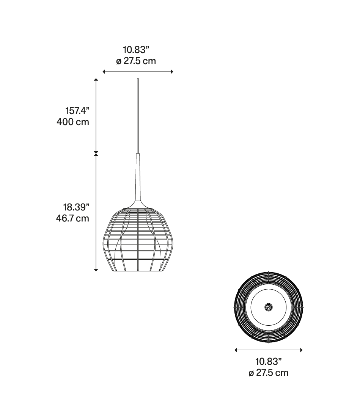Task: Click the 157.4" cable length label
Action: click(77, 111)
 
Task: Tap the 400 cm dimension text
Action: click(73, 122)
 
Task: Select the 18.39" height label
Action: click(76, 207)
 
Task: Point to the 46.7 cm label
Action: click(72, 218)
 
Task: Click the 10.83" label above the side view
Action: click(136, 50)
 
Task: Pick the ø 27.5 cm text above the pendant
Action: click(136, 61)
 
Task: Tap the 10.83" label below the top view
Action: click(268, 361)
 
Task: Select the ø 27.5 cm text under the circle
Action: click(268, 373)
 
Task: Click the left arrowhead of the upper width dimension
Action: click(104, 72)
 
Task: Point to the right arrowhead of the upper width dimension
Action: click(172, 72)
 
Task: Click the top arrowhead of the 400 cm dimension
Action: click(96, 80)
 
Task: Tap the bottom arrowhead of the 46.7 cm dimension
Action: click(96, 270)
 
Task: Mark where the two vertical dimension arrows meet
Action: click(96, 153)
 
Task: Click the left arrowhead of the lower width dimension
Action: click(236, 350)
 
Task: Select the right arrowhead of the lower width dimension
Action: click(301, 350)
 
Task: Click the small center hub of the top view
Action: click(268, 307)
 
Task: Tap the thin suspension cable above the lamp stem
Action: click(138, 116)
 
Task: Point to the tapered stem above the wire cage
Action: click(138, 180)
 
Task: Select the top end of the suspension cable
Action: click(138, 79)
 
